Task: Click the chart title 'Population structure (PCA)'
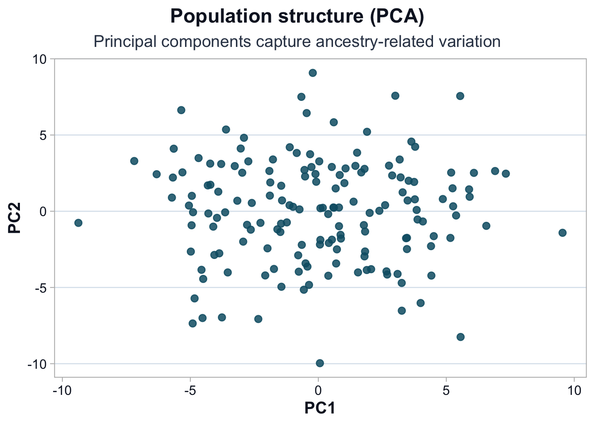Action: click(297, 16)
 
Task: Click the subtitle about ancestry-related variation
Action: click(297, 42)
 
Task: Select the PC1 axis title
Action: click(320, 408)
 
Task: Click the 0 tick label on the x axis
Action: click(318, 391)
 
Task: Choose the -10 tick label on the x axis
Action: click(62, 391)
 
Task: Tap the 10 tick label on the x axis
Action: click(574, 391)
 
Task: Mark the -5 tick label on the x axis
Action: click(190, 391)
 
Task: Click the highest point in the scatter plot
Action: click(313, 73)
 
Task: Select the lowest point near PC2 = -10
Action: click(320, 363)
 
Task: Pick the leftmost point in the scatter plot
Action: click(78, 223)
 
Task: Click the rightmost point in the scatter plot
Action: click(562, 233)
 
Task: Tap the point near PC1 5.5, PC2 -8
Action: click(460, 337)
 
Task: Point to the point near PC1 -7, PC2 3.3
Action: click(134, 161)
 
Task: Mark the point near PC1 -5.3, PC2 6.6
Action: click(181, 110)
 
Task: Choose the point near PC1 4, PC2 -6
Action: click(421, 303)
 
